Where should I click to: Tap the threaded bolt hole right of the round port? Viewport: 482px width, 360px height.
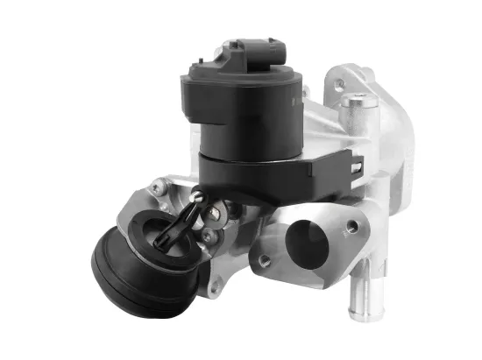[x=351, y=227]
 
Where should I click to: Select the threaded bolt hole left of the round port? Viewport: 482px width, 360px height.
[x=261, y=260]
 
